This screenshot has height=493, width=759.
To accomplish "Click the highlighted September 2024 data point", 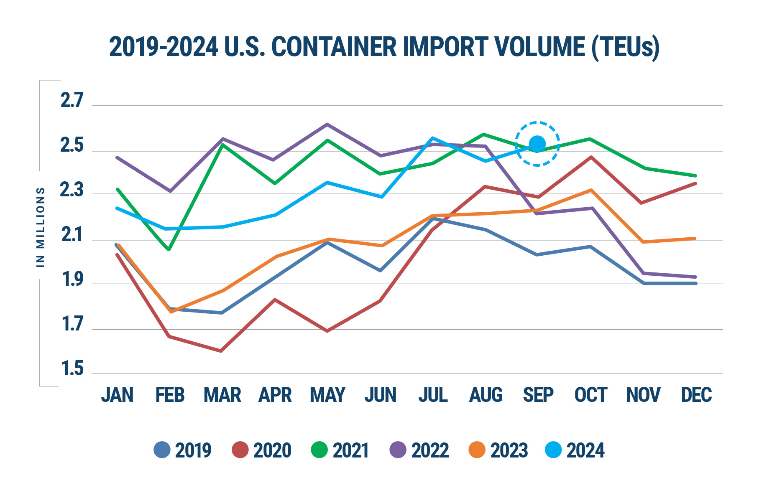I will (537, 144).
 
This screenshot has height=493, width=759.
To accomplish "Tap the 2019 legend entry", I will (183, 450).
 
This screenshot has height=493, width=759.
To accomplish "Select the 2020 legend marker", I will (240, 450).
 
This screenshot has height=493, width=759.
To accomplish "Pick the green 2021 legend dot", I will (319, 450).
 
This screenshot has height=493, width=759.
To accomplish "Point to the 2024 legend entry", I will (575, 450).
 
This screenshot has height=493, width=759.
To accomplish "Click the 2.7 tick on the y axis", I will (72, 101).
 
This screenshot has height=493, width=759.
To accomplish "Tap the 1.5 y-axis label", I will (72, 369).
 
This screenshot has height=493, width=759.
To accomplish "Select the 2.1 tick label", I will (72, 236).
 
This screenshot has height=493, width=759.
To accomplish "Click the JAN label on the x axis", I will (117, 395).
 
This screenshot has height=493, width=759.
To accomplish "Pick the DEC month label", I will (696, 395).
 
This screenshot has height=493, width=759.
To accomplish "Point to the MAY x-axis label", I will (327, 395).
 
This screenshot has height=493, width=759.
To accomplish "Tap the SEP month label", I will (538, 395).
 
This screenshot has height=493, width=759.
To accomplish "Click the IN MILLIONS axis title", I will (41, 227).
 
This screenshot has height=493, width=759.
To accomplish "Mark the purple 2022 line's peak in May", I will (327, 124).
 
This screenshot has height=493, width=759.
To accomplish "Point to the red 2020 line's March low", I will (221, 351).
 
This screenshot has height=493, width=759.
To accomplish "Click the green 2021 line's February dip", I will (169, 249).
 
